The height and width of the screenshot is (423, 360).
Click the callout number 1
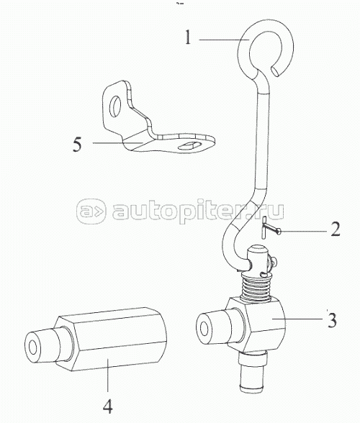[188, 37]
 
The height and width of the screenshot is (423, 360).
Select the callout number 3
[332, 320]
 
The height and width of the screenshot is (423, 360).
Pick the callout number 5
[77, 145]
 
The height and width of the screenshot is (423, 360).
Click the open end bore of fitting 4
[33, 347]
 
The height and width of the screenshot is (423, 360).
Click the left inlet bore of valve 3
[204, 327]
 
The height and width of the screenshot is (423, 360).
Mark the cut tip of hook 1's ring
[276, 72]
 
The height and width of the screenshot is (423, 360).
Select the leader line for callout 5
[117, 142]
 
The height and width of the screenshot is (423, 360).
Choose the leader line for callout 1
[224, 40]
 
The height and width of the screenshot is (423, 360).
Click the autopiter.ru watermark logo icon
[91, 211]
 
